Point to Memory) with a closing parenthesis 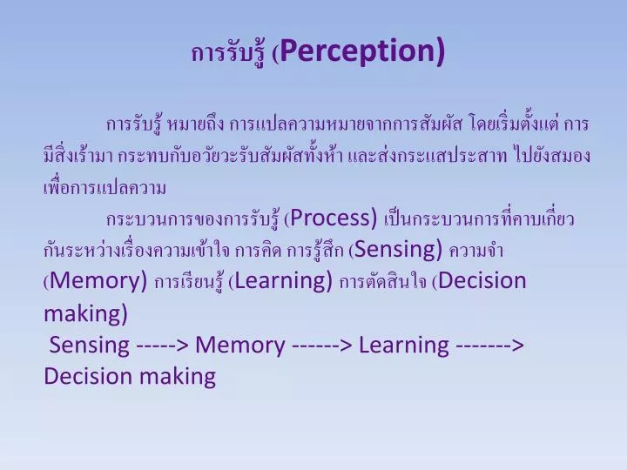(98, 281)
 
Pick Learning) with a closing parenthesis (284, 281)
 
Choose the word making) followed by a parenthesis (85, 312)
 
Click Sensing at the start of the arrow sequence (90, 345)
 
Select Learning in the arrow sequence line (404, 345)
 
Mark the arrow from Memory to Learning (322, 346)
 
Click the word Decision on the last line (86, 376)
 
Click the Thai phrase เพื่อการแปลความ (104, 186)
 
